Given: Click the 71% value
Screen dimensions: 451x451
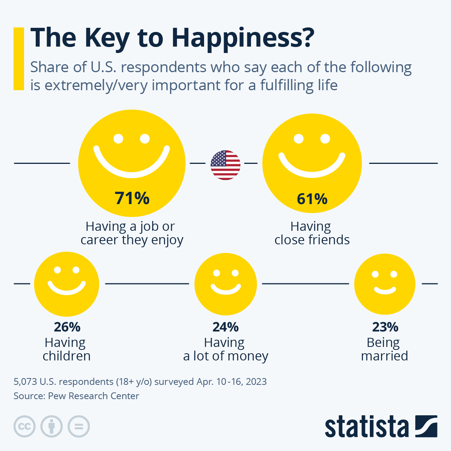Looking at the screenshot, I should coord(132,198).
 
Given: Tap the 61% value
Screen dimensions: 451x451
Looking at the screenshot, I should coord(312,199).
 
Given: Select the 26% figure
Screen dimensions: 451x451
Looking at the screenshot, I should coord(67,327).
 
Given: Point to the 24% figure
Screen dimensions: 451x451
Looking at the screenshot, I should coord(225,327).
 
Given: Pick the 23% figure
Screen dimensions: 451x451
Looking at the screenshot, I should coord(385,327).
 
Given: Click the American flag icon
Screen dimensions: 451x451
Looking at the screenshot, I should coord(225,165).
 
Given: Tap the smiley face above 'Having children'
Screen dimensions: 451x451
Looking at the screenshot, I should coord(67,284).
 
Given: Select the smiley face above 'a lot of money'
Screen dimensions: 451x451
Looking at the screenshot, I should coord(225,284).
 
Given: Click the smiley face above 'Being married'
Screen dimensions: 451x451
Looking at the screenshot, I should coord(385,284).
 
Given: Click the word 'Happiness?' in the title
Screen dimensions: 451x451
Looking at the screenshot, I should coord(242,38).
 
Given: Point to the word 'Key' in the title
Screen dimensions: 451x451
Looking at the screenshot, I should coord(107,38).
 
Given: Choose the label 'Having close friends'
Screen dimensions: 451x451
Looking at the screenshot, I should coord(312,233).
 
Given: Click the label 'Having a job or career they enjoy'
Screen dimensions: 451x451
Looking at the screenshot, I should coord(132,233).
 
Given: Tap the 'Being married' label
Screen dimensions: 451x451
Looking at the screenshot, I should coord(384,349).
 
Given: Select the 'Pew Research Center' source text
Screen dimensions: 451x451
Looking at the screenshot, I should coord(94,396).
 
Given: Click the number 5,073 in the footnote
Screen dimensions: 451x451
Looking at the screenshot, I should coord(25,382).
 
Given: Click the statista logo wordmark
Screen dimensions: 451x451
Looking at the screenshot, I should coord(366,427).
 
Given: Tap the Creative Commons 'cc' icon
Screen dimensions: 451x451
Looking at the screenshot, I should coord(24,427).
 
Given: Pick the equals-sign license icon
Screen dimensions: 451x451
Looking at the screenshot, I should coord(79,427).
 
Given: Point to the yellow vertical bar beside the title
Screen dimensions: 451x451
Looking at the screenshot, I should coord(19,59).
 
